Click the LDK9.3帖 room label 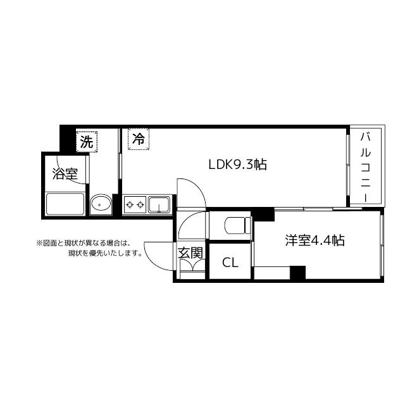click(x=237, y=165)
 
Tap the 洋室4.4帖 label click(x=315, y=240)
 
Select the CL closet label click(x=230, y=263)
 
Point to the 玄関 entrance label click(x=190, y=253)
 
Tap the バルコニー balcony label click(x=366, y=166)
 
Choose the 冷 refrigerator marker click(x=138, y=138)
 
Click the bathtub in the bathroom click(x=65, y=204)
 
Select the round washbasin click(x=101, y=204)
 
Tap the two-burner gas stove click(x=134, y=204)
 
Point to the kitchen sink click(x=158, y=204)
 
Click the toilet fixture click(x=235, y=225)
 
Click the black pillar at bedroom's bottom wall click(x=297, y=273)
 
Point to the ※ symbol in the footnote click(x=39, y=242)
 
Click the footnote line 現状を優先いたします click(x=104, y=254)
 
